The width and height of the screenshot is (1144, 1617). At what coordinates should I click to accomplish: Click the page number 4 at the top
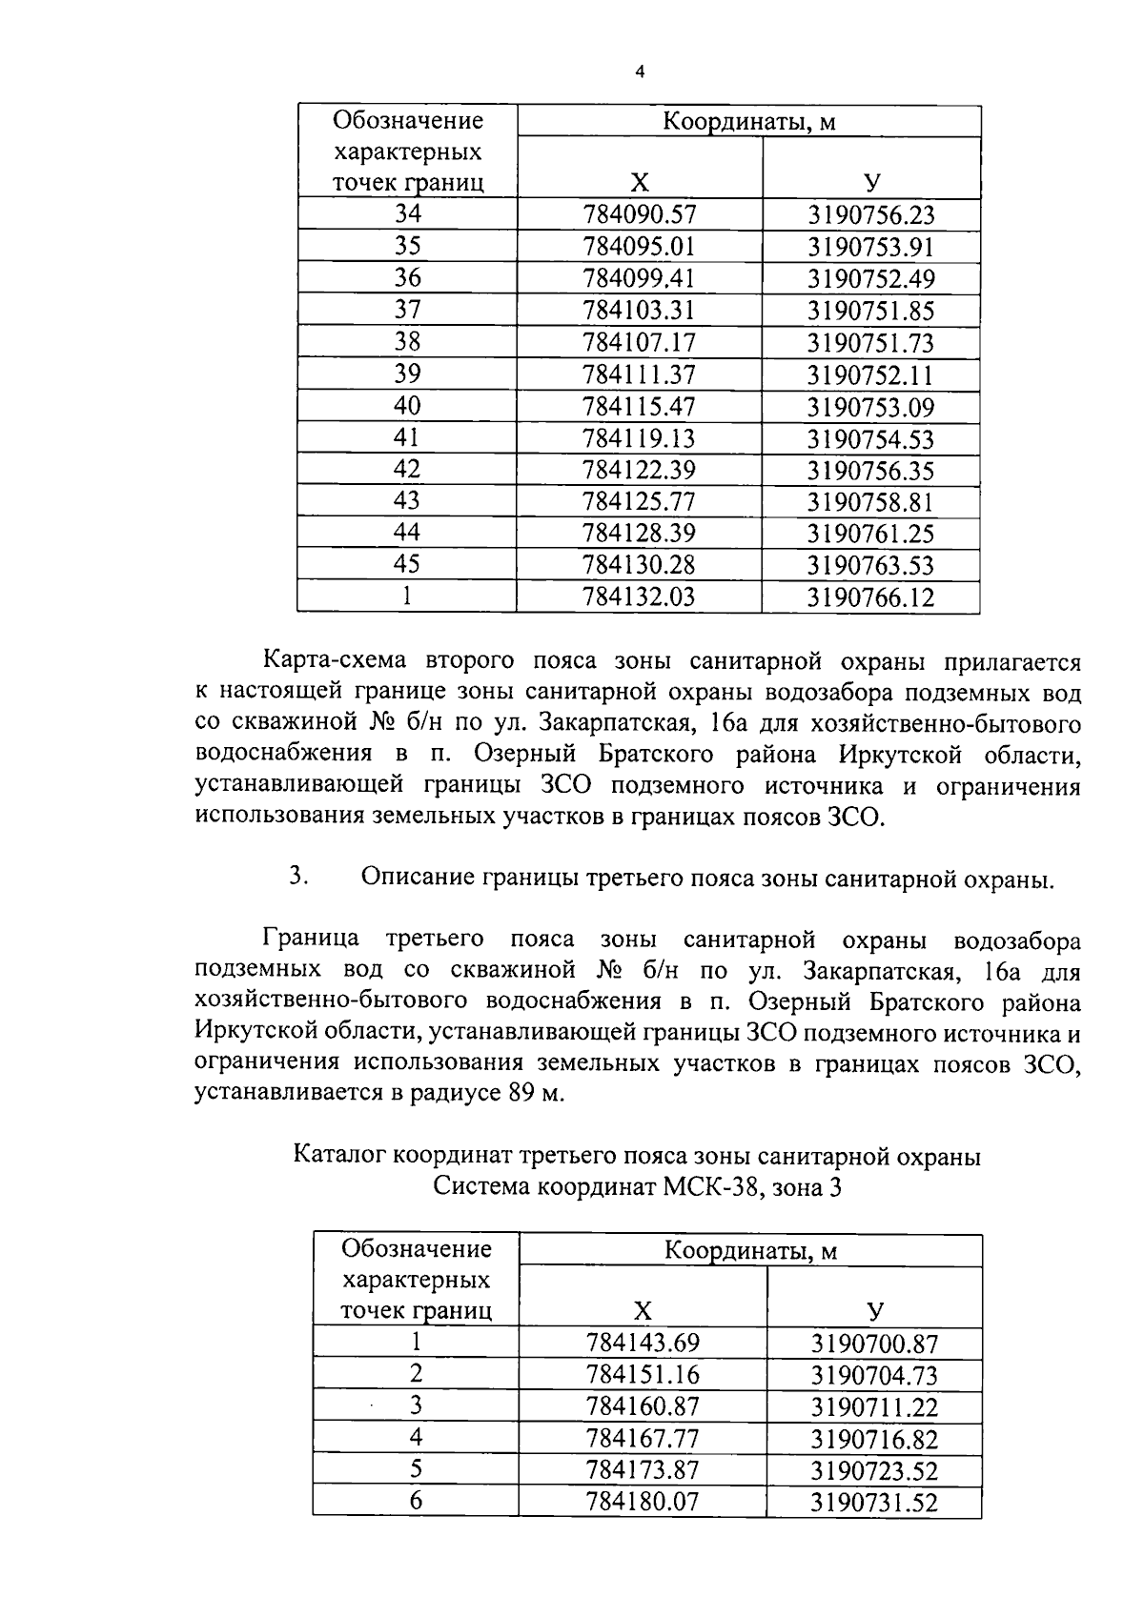[x=640, y=72]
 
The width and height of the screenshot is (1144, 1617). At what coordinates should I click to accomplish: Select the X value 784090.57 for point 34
[x=640, y=215]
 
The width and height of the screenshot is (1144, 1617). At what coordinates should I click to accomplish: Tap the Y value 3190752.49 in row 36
[x=871, y=279]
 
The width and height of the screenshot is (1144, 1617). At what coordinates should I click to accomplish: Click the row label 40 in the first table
[x=407, y=406]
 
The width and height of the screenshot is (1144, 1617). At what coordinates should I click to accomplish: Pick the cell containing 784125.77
[x=640, y=501]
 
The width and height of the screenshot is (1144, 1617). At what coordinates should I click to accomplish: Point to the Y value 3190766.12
[x=871, y=597]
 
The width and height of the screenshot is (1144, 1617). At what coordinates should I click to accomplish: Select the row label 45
[x=407, y=564]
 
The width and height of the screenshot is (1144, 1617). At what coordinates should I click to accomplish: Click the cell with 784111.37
[x=640, y=374]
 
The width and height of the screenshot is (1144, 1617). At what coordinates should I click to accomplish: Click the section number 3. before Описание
[x=297, y=877]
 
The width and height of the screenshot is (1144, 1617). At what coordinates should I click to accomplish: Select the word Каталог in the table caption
[x=340, y=1157]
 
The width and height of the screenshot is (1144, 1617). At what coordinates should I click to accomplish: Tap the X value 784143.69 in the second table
[x=643, y=1344]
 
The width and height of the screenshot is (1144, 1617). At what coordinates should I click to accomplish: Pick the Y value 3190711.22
[x=874, y=1407]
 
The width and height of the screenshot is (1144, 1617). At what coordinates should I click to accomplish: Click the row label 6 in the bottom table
[x=416, y=1502]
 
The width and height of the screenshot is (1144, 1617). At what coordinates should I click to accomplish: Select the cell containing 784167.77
[x=643, y=1439]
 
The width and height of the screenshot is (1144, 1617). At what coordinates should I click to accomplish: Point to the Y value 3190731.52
[x=874, y=1503]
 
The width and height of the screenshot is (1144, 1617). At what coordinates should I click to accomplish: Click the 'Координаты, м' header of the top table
[x=749, y=122]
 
